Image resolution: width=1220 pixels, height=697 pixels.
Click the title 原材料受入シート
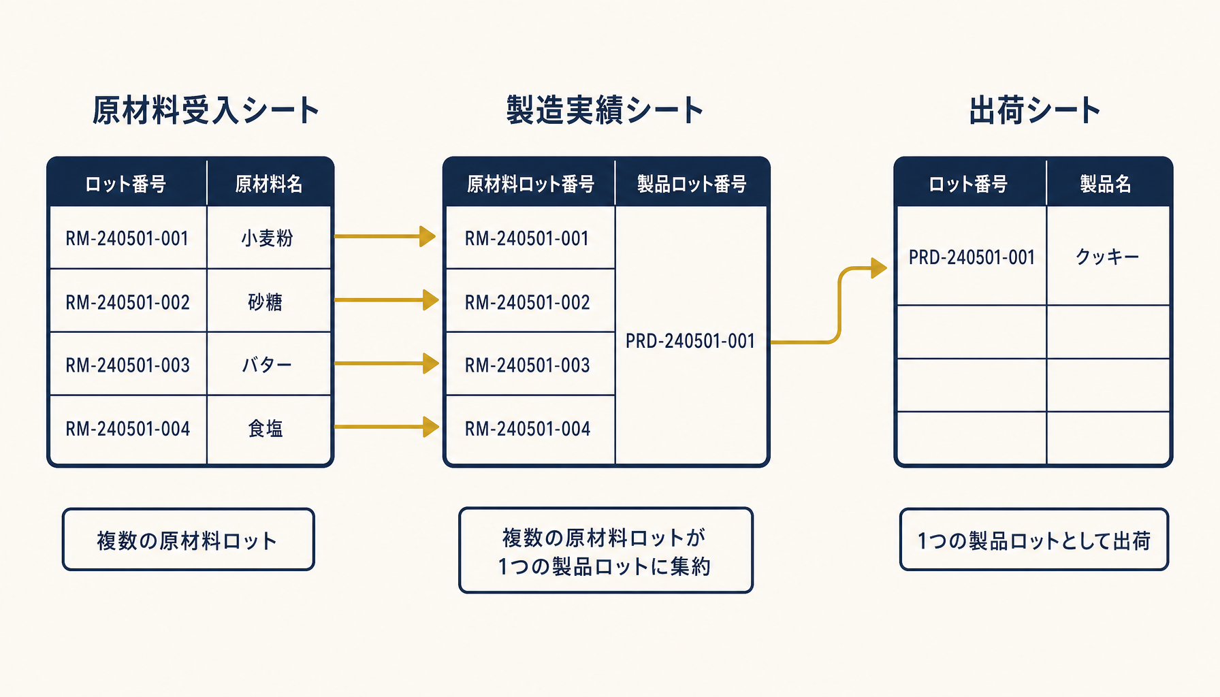(206, 110)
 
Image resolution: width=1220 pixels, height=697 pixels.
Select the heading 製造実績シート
(605, 110)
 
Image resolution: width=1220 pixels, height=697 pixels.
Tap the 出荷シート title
(1034, 110)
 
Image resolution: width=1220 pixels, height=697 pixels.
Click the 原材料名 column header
(269, 184)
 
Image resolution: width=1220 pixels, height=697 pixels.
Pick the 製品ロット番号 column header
(692, 184)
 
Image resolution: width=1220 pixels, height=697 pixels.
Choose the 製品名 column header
(1106, 184)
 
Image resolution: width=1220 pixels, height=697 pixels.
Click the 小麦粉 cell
(267, 238)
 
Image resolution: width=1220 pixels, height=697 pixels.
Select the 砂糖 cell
(266, 302)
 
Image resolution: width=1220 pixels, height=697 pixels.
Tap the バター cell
(267, 365)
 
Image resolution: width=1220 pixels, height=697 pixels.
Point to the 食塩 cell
(266, 428)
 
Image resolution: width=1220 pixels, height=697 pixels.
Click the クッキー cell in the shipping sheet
(1107, 257)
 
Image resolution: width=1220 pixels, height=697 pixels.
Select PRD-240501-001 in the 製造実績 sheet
(690, 341)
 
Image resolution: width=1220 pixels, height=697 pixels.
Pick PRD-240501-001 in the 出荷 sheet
(972, 257)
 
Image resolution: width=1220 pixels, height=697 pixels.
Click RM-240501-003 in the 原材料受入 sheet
(128, 366)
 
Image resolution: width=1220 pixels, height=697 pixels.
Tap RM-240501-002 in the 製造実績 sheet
(528, 302)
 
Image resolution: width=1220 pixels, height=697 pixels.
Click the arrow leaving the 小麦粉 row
(385, 236)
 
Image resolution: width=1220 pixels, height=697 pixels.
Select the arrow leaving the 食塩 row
(387, 427)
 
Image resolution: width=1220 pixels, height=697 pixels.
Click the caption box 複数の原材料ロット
(189, 540)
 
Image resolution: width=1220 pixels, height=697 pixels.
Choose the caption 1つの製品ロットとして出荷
(1034, 540)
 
